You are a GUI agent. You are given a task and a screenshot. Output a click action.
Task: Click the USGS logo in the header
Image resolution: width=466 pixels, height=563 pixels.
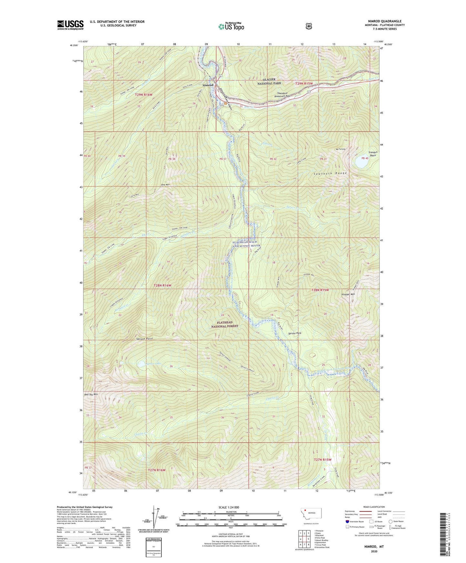tap(70, 25)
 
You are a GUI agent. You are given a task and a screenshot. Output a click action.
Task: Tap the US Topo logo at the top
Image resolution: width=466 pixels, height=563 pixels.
tap(231, 26)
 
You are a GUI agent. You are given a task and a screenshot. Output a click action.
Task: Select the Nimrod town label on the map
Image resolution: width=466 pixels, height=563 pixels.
tap(208, 85)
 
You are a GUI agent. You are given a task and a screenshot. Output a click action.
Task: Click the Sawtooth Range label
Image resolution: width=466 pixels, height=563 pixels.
tap(330, 173)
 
